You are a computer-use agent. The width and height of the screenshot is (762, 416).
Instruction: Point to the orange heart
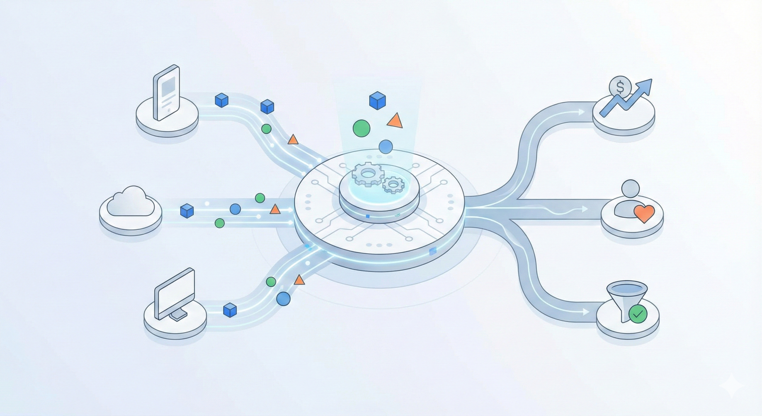point(644,213)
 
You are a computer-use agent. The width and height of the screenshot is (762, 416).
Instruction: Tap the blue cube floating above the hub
point(377,100)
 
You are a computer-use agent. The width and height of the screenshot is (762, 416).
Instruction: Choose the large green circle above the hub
point(361,128)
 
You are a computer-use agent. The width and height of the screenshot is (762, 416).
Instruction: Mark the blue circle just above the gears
point(386,147)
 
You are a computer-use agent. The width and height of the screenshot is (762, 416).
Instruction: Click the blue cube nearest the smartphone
point(222,100)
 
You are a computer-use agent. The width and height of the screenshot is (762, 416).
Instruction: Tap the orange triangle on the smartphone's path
point(293,140)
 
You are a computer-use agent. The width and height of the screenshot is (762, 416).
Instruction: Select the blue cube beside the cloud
point(187,211)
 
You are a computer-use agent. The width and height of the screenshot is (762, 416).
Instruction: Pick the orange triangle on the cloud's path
point(275,210)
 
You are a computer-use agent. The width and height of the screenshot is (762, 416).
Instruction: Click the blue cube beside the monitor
point(230,310)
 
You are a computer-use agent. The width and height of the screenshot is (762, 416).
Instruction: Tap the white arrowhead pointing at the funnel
point(586,312)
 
